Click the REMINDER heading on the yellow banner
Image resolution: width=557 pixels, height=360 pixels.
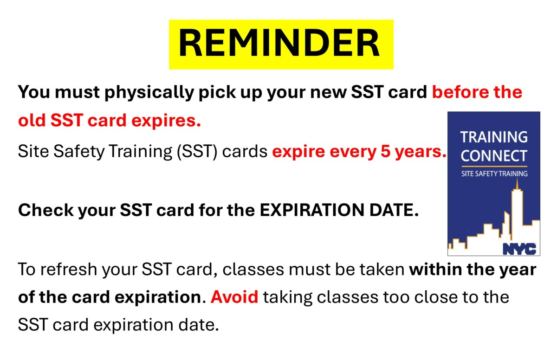click(x=279, y=43)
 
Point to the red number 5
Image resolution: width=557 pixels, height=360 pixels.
click(x=385, y=151)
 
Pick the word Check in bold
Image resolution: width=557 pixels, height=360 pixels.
click(x=46, y=210)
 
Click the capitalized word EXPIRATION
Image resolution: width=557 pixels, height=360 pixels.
click(x=312, y=210)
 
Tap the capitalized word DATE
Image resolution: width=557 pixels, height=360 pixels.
click(x=394, y=210)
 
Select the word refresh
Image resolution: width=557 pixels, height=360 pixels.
click(x=69, y=270)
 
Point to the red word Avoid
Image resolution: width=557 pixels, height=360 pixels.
click(x=234, y=297)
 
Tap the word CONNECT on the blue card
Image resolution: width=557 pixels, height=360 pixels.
click(x=494, y=156)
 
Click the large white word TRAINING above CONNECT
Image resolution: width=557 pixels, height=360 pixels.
click(x=494, y=137)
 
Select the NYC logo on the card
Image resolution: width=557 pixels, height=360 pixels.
click(x=519, y=249)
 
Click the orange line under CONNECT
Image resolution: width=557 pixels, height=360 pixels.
click(x=494, y=166)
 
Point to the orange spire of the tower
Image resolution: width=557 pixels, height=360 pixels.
click(x=517, y=184)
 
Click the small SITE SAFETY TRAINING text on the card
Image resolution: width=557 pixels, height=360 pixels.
click(x=494, y=174)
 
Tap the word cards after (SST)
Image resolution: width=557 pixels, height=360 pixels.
click(x=245, y=152)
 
